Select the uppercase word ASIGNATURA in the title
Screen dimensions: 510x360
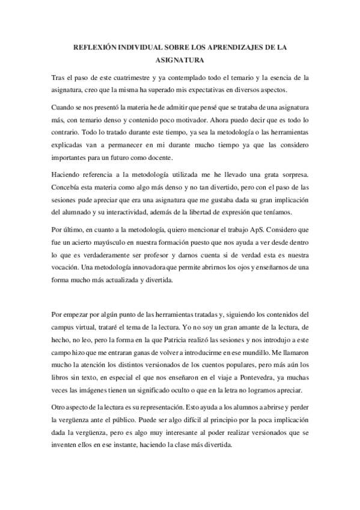tap(180, 61)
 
